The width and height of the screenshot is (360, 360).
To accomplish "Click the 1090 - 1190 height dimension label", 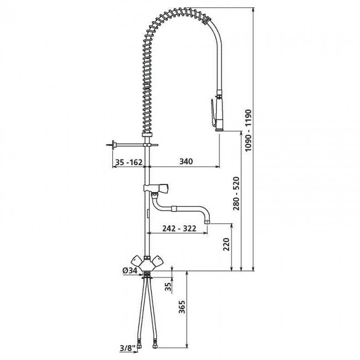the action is tap(249, 130).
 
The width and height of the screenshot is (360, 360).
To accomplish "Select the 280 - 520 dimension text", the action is tap(236, 193).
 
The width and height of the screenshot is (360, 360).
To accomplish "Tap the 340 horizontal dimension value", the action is tap(186, 161).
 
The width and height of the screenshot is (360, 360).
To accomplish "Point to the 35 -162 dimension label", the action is tap(128, 162).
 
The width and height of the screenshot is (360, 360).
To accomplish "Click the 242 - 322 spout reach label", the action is tap(179, 228).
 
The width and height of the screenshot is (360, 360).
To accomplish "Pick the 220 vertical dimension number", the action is tap(227, 244).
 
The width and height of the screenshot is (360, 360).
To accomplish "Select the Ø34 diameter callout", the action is tap(130, 270).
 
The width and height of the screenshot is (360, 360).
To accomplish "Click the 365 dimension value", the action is tap(182, 307).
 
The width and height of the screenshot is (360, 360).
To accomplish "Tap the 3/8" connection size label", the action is tap(127, 354).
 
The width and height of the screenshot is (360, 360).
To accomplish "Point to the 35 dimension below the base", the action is tap(168, 287).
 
